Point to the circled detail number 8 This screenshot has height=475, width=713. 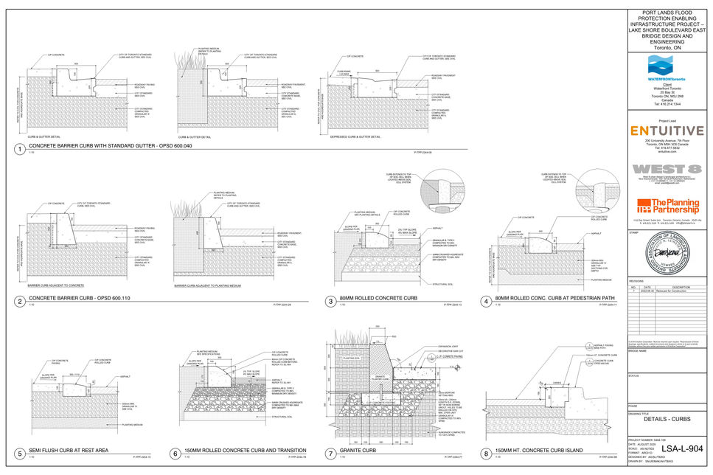[x=487, y=452]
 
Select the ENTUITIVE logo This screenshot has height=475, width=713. [x=667, y=131]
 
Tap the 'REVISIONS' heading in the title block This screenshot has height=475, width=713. [x=636, y=282]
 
